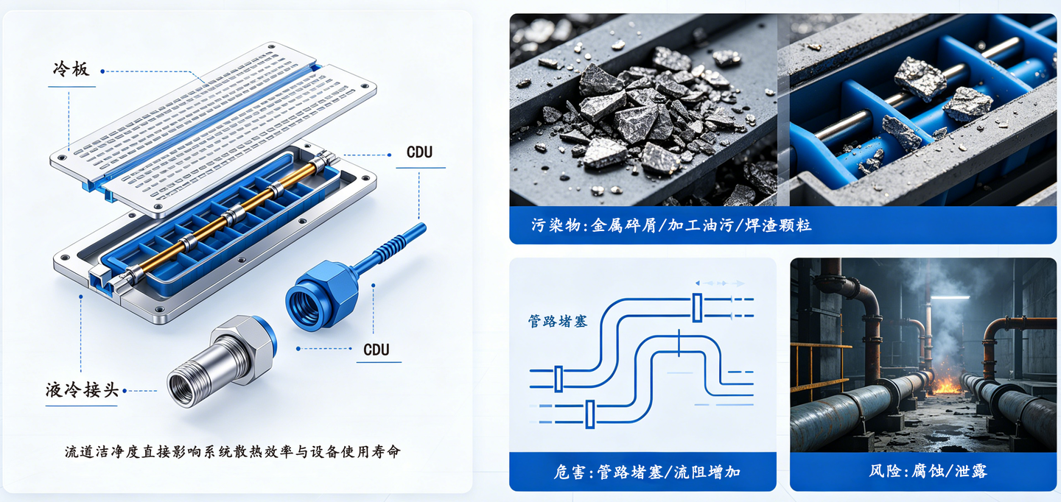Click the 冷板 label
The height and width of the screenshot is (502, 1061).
pyautogui.click(x=71, y=69)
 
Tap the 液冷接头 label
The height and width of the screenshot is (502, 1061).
pyautogui.click(x=82, y=390)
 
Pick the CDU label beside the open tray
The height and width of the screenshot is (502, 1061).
pyautogui.click(x=420, y=152)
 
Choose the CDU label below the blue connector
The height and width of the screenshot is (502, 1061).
pyautogui.click(x=376, y=350)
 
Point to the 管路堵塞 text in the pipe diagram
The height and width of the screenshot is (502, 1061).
pyautogui.click(x=558, y=321)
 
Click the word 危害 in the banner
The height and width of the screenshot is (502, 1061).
pyautogui.click(x=570, y=472)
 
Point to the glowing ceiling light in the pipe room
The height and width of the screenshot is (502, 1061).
pyautogui.click(x=950, y=297)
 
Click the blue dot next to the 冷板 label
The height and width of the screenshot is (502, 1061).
pyautogui.click(x=102, y=71)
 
